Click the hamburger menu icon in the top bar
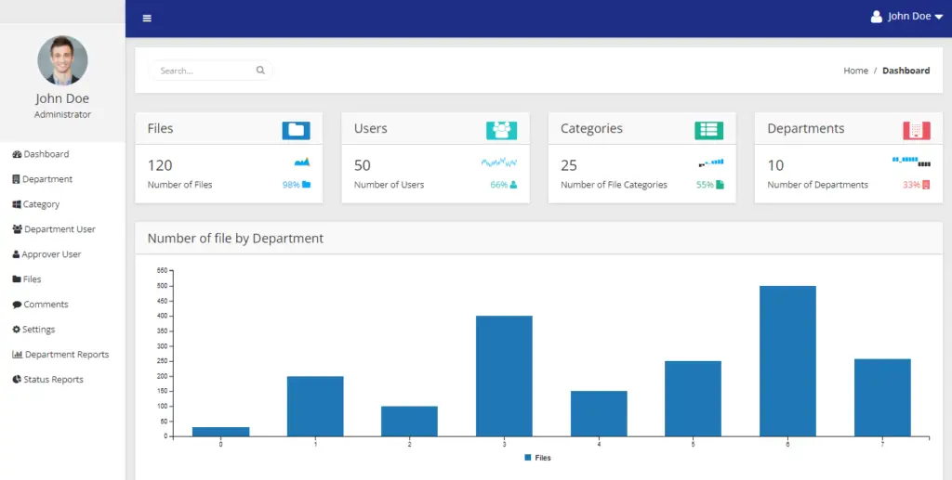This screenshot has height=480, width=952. coord(147,18)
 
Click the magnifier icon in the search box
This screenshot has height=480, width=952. coord(260,70)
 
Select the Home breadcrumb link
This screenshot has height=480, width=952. coord(855,71)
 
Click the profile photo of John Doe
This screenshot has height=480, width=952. coord(62,60)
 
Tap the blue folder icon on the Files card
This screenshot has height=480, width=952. coord(296,130)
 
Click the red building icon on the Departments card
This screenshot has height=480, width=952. coord(916,130)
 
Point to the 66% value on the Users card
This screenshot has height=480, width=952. coord(499,185)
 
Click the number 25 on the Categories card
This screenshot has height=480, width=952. coord(569,165)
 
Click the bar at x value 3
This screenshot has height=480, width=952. coord(504,375)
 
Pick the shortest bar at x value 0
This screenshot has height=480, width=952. coord(220,431)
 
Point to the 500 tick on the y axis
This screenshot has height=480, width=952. coord(162,286)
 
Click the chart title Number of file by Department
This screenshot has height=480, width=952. coord(235,239)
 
